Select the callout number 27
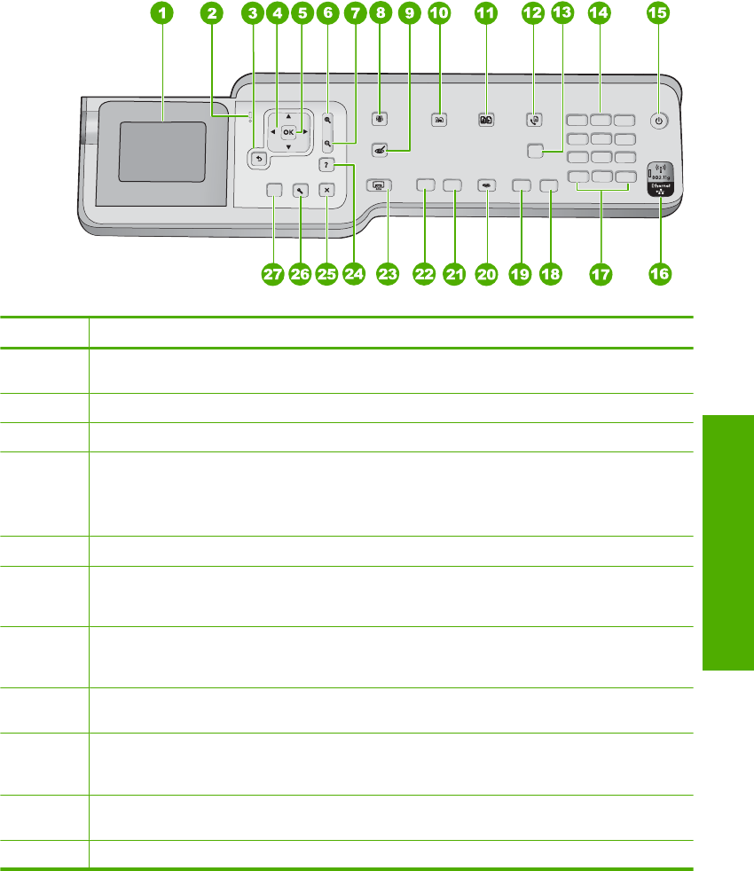271,275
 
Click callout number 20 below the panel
486,275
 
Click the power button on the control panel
658,121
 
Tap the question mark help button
327,165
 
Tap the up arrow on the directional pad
288,116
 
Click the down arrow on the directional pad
288,147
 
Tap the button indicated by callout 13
535,151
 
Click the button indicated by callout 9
380,151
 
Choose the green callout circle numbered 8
382,14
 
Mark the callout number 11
485,14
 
